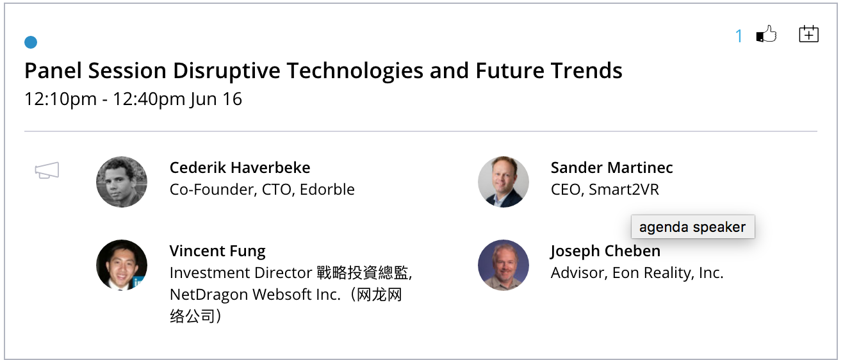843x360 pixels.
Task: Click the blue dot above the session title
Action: (31, 42)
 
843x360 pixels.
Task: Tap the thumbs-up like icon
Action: (766, 34)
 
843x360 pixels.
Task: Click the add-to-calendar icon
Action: (809, 34)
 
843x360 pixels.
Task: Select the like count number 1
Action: (739, 36)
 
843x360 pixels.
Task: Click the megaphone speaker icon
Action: (47, 170)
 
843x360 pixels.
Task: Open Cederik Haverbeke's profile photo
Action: (122, 182)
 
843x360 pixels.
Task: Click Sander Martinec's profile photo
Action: (503, 182)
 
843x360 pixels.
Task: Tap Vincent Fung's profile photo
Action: (122, 265)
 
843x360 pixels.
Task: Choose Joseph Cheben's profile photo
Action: (503, 265)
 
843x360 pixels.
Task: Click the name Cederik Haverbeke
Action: (240, 168)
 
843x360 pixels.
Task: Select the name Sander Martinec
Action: (612, 168)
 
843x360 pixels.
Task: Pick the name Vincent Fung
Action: (218, 251)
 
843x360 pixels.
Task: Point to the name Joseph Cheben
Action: (605, 251)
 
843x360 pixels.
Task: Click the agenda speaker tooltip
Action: (693, 227)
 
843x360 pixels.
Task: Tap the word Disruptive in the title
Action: (227, 71)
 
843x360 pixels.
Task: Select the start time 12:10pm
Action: (61, 100)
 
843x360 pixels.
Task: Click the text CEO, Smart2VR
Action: (605, 190)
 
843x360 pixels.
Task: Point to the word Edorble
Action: (327, 190)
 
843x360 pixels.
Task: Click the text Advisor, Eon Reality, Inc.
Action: (637, 273)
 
